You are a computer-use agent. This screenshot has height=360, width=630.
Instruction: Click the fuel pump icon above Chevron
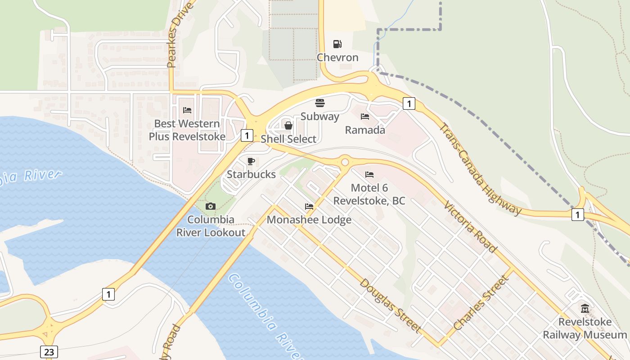pos(337,44)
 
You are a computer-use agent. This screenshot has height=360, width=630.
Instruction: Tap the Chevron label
pos(337,58)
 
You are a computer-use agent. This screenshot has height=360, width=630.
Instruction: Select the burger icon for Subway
pos(320,103)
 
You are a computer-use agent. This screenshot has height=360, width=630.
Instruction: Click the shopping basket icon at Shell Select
pos(288,126)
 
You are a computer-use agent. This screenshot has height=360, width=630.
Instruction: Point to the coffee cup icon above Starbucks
pos(251,161)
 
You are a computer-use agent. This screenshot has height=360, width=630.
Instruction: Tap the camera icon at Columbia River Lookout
pos(210,206)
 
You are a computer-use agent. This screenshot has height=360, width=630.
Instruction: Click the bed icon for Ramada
pos(365,117)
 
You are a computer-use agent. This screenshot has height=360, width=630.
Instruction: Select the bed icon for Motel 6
pos(369,174)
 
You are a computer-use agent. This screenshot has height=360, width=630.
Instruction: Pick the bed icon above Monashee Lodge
pos(309,207)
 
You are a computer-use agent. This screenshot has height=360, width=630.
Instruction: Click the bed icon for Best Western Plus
pos(187,110)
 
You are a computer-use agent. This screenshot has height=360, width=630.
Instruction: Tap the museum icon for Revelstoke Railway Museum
pos(585,308)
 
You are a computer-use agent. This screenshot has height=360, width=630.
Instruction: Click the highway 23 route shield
pos(49,351)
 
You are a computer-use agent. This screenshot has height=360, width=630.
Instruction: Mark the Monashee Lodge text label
pos(309,220)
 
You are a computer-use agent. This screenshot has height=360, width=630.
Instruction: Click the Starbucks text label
pos(251,174)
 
